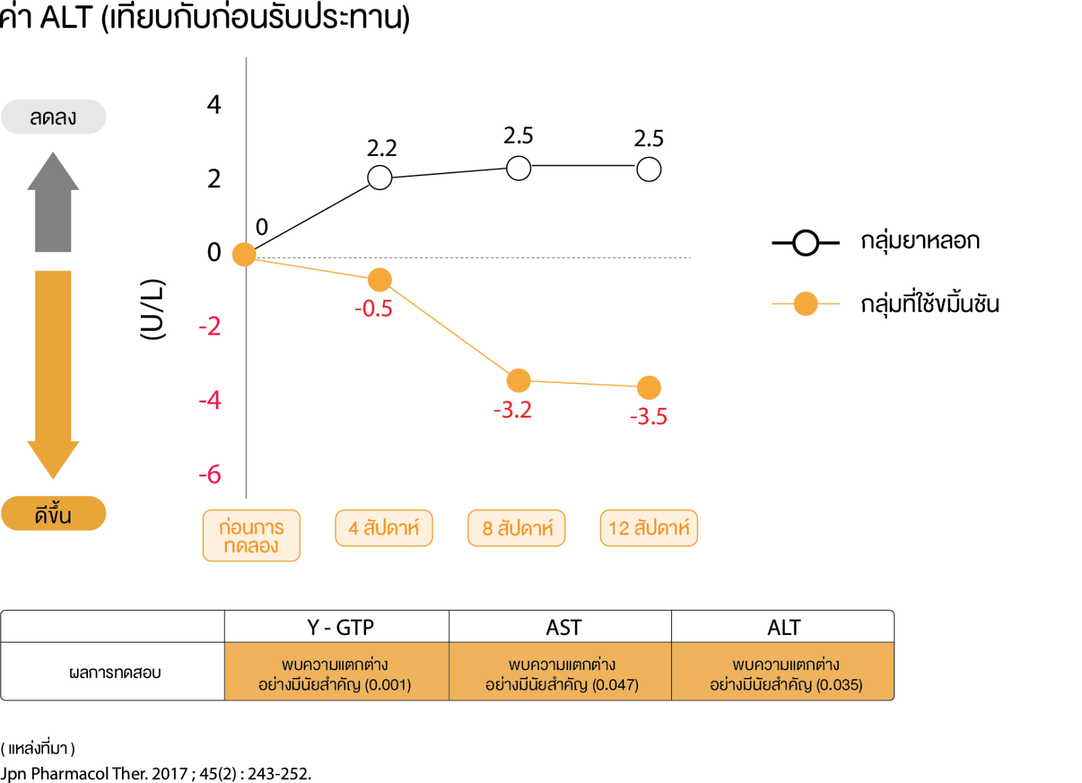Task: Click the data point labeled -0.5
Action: (380, 280)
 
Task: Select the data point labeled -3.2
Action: (518, 380)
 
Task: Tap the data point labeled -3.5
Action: (649, 388)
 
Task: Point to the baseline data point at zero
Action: (245, 254)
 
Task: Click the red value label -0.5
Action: (374, 309)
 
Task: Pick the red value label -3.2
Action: (513, 410)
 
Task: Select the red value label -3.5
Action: (648, 416)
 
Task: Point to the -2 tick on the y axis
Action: (210, 326)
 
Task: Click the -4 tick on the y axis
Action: (210, 400)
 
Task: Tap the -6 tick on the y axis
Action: (210, 474)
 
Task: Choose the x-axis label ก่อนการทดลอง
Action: (251, 536)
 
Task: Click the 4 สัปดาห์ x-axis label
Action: (383, 528)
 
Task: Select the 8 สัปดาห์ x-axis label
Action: (517, 528)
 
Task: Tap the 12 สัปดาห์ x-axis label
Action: (649, 528)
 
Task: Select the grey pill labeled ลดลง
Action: (53, 117)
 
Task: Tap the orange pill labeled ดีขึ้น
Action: (53, 514)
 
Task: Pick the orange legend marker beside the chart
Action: (805, 303)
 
